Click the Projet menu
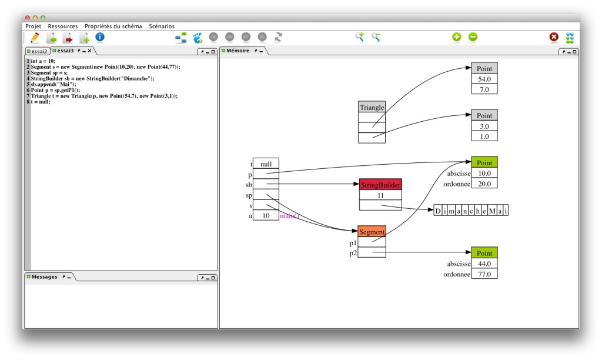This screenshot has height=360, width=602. [x=33, y=26]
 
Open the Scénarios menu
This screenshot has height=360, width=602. [x=162, y=26]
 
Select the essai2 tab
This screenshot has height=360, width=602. [x=37, y=51]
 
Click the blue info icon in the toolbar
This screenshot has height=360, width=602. [x=100, y=37]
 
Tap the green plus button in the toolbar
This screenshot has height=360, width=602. [x=456, y=37]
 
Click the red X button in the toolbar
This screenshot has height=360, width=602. [x=554, y=37]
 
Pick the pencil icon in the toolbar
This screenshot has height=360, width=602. [x=35, y=38]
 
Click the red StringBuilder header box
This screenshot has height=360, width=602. [x=380, y=185]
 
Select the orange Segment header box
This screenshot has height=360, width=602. [x=372, y=232]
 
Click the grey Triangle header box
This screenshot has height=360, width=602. [x=372, y=107]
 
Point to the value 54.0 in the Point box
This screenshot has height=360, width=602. [x=484, y=79]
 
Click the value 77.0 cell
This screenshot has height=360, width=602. [x=484, y=274]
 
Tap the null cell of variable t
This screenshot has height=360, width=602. [x=266, y=164]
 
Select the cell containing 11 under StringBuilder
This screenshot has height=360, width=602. [x=380, y=195]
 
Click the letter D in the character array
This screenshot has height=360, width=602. [x=437, y=211]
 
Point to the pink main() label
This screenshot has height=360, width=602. [x=289, y=216]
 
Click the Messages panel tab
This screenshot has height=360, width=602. [x=45, y=276]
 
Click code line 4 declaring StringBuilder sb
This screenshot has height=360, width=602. [x=92, y=78]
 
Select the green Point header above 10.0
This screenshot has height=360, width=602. [x=484, y=162]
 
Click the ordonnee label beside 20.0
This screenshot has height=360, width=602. [x=457, y=184]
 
